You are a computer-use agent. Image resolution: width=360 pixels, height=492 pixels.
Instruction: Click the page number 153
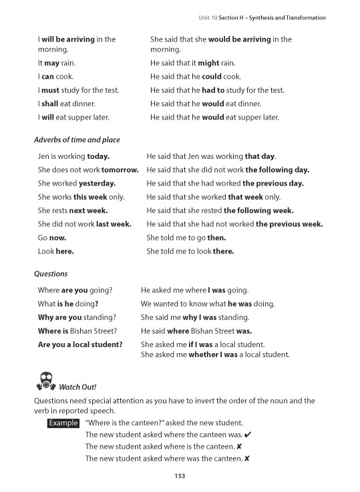click(x=179, y=475)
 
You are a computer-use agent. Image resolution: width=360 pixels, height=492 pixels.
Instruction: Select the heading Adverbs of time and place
click(x=79, y=140)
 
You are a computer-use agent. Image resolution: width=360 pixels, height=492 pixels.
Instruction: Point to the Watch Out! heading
click(x=78, y=387)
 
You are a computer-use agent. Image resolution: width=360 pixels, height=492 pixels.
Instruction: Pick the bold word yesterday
click(x=97, y=183)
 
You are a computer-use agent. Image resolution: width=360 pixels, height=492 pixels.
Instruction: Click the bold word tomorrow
click(x=120, y=170)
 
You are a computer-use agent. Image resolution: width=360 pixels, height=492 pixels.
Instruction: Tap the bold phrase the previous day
click(x=273, y=183)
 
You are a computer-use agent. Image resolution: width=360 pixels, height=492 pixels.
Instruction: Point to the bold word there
click(x=222, y=252)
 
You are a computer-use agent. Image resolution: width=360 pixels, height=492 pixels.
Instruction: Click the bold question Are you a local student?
click(x=80, y=344)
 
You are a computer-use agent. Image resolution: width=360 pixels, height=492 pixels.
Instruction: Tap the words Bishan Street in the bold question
click(x=93, y=331)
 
